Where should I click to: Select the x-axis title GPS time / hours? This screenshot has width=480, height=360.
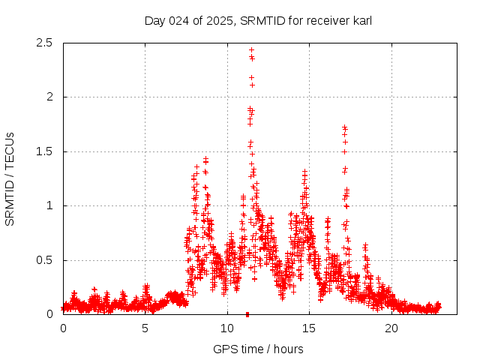coord(258,349)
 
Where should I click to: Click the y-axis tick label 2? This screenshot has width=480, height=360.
coord(52,97)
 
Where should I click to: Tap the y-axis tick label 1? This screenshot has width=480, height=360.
coord(52,205)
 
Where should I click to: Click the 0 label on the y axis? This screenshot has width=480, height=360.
coord(52,314)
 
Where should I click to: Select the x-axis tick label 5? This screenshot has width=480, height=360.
coord(145,328)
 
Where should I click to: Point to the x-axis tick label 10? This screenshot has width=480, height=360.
coord(227,328)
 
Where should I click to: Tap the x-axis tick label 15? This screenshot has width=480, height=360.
coord(309,328)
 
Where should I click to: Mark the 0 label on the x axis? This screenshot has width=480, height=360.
coord(63,328)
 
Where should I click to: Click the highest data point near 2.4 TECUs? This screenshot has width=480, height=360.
coord(251,50)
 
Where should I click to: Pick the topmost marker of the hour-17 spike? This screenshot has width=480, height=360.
coord(344,127)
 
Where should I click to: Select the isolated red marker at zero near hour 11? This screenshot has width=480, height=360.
coord(247,314)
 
